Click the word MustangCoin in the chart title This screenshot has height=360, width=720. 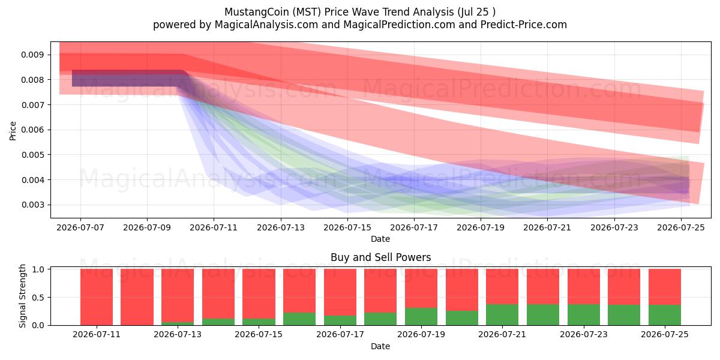click(x=257, y=12)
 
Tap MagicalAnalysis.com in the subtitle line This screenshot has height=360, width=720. click(x=266, y=25)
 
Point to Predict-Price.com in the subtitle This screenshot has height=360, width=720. click(x=524, y=25)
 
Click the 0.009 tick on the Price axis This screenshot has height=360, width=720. click(x=32, y=55)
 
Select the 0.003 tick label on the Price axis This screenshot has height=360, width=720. click(x=32, y=205)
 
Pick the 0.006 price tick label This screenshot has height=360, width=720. click(x=32, y=130)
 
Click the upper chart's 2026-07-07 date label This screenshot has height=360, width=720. click(x=80, y=227)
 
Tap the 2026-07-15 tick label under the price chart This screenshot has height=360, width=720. click(x=347, y=227)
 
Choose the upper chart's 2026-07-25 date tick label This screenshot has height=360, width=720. click(x=681, y=227)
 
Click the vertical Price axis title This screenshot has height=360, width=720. click(x=13, y=131)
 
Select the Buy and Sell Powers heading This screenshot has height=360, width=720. click(x=380, y=257)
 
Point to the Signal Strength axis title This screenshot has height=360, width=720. click(x=22, y=296)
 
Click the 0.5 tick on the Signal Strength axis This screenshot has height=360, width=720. click(x=38, y=298)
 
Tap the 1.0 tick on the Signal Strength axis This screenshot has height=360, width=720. click(x=38, y=269)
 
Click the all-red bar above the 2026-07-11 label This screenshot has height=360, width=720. click(x=97, y=297)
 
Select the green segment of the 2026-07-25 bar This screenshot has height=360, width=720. click(x=665, y=315)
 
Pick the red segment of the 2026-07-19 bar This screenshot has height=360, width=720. click(x=421, y=289)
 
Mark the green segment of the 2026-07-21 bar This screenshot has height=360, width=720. click(x=502, y=314)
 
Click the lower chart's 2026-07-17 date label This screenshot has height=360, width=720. click(x=340, y=335)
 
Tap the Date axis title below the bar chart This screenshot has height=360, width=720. click(x=380, y=347)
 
